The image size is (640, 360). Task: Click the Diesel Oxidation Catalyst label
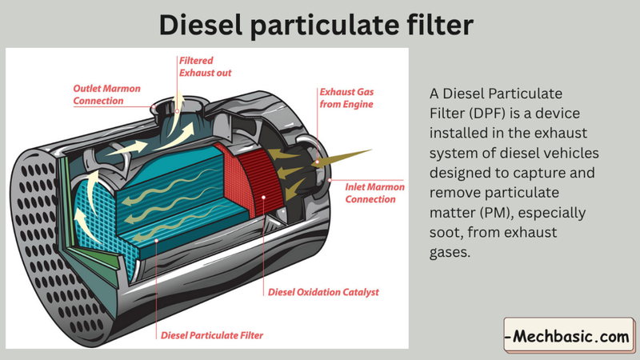(x=323, y=292)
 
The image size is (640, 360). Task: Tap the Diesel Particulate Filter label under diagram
(x=212, y=334)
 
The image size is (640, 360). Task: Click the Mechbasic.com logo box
(x=569, y=337)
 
